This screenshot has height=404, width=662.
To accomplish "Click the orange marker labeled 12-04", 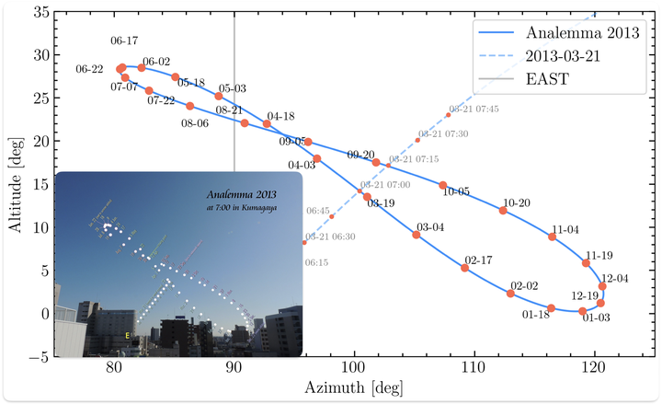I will (602, 286).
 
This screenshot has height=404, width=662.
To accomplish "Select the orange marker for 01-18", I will (551, 308).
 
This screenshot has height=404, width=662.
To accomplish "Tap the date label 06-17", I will (124, 41).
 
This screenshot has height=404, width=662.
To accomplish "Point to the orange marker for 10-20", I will (503, 211).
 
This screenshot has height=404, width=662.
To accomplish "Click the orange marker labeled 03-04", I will (417, 235).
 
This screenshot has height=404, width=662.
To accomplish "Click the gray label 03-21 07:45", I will (474, 109).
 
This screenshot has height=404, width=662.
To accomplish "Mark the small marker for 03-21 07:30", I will (417, 140).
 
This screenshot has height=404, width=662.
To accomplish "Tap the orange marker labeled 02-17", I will (464, 268).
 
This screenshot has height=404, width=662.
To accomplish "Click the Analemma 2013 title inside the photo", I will (240, 195).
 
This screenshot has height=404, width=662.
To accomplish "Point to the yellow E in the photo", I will (128, 336).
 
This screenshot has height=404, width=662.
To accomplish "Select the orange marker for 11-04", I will (552, 237).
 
